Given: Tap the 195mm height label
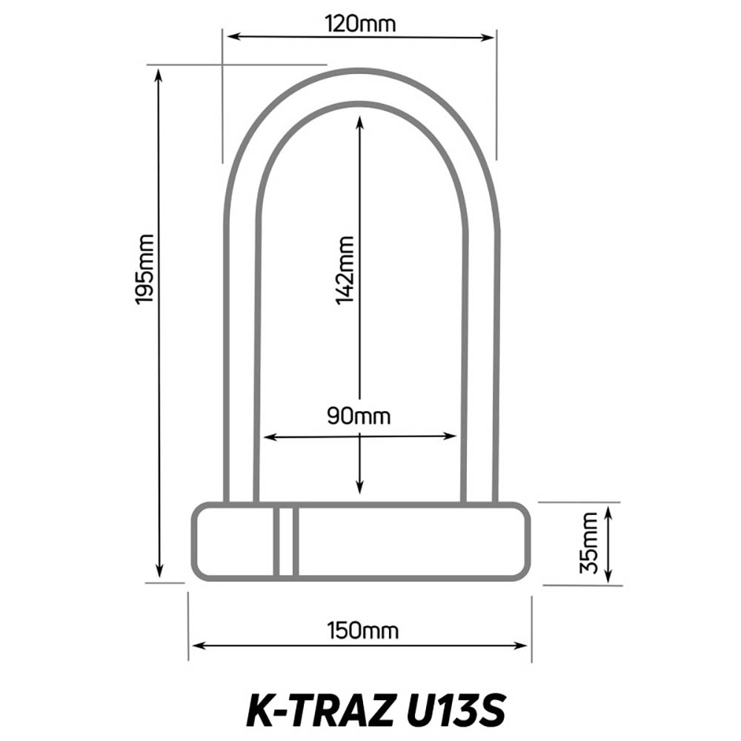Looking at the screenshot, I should click(x=145, y=269).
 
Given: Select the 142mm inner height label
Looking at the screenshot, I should click(x=345, y=270).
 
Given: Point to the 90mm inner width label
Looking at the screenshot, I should click(x=359, y=416).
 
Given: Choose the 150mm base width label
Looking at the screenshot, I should click(x=362, y=631).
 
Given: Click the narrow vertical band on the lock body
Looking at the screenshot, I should click(x=285, y=542).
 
